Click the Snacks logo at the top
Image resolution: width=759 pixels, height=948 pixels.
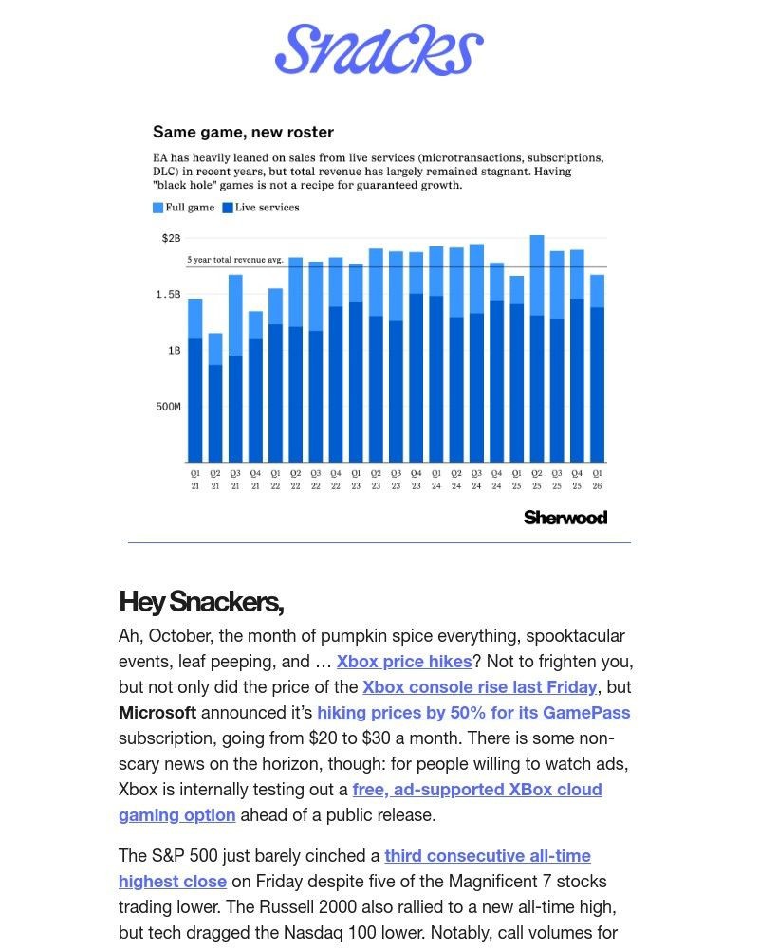(x=379, y=49)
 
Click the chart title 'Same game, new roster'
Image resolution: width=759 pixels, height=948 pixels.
(x=243, y=132)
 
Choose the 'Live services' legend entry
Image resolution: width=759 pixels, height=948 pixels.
(x=261, y=208)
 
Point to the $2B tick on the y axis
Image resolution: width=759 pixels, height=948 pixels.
(x=170, y=238)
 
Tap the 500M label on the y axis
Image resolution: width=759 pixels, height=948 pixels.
(x=168, y=407)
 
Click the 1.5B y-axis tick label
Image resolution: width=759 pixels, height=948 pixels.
(x=168, y=295)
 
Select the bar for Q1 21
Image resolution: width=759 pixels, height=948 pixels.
(x=195, y=379)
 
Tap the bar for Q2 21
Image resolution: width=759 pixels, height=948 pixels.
(x=215, y=398)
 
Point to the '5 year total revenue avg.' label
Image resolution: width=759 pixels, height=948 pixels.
(x=234, y=259)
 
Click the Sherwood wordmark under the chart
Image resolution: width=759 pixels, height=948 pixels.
(x=565, y=517)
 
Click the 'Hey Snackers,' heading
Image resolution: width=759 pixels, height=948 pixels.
(x=201, y=601)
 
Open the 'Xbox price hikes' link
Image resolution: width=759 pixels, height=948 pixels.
(x=404, y=662)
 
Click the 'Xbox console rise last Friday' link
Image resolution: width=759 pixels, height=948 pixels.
(x=480, y=687)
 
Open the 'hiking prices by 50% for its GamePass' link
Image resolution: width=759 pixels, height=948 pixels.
(x=473, y=713)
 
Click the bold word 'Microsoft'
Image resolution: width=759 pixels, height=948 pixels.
(x=157, y=713)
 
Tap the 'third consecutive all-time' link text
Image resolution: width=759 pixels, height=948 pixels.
(x=488, y=856)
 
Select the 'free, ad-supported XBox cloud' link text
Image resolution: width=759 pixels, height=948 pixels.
(x=477, y=790)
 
